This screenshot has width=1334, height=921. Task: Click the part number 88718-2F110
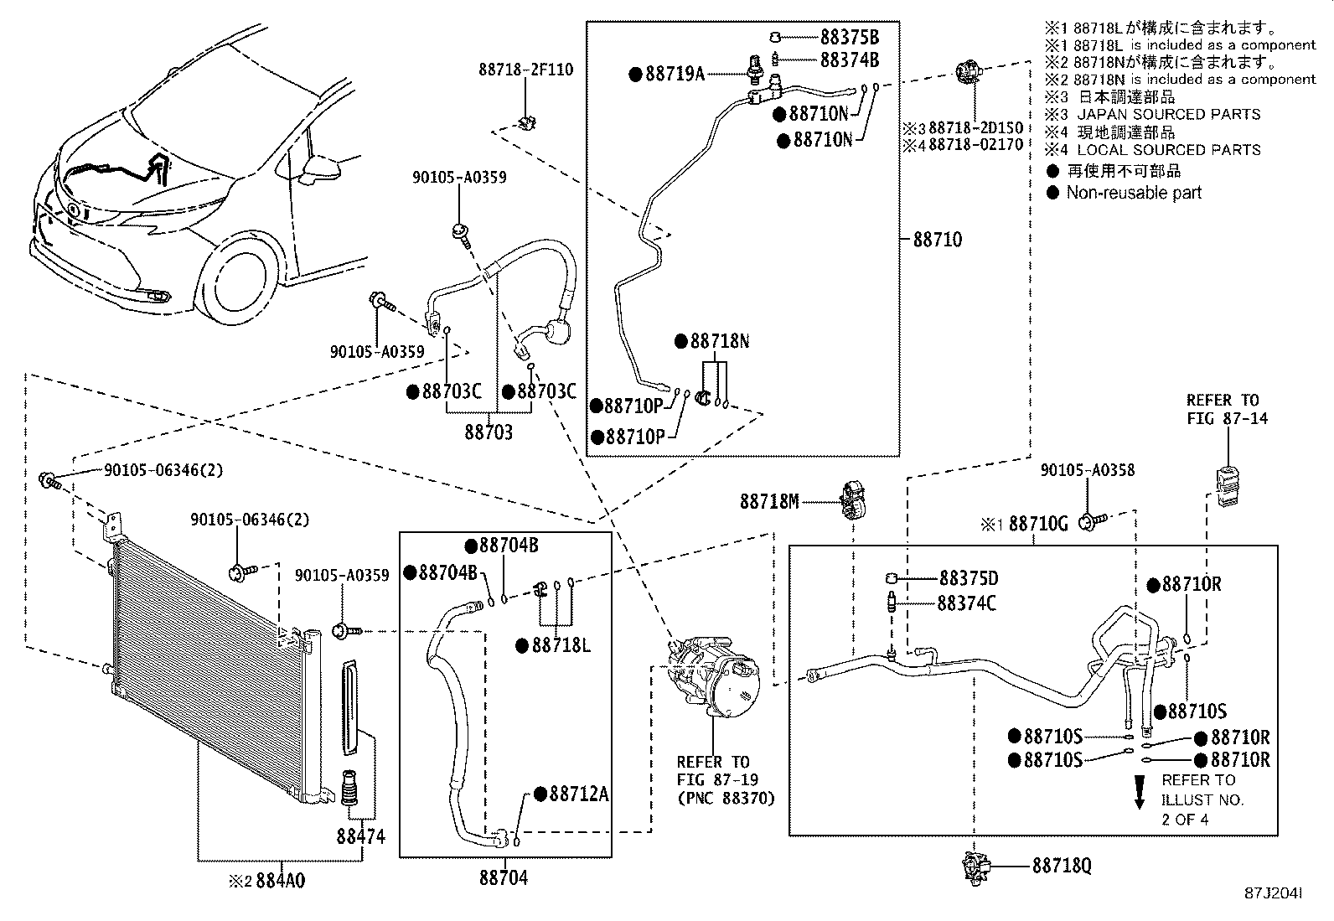[x=526, y=70]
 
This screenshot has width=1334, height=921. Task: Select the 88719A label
[x=675, y=74]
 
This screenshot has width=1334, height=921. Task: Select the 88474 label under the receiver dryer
[x=360, y=836]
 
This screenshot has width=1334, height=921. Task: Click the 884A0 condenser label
[x=279, y=882]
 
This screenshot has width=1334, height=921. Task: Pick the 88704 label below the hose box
[x=504, y=878]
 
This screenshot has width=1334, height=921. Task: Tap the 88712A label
[x=577, y=794]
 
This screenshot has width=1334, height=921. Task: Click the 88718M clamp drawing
[x=851, y=500]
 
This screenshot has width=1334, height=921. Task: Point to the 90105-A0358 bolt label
[x=1087, y=470]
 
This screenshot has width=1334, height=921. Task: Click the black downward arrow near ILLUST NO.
[x=1139, y=792]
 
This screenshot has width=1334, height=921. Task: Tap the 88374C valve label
[x=966, y=603]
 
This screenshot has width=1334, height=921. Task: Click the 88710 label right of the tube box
[x=937, y=240]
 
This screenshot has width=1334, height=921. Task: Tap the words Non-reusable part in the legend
[x=1133, y=193]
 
